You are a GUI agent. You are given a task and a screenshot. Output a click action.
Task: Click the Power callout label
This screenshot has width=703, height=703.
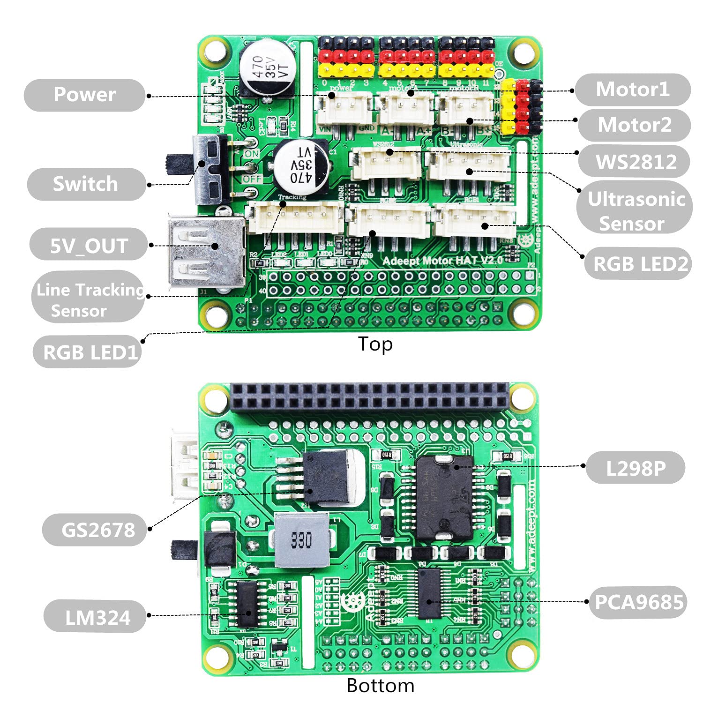[84, 95]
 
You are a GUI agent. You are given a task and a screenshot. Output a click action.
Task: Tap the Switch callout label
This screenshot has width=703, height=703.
[85, 184]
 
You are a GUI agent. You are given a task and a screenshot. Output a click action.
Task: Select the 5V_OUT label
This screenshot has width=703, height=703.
[89, 245]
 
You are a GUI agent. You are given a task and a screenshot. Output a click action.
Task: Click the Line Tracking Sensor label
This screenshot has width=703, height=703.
[89, 300]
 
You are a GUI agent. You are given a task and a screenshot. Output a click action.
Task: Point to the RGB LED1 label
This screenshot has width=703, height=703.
[90, 352]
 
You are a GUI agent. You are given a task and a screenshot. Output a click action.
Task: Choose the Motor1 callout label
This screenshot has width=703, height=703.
[632, 89]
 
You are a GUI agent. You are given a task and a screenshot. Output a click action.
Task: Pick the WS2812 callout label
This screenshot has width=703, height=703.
[636, 162]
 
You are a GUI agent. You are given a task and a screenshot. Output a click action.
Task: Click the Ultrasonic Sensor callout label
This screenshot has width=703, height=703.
[635, 211]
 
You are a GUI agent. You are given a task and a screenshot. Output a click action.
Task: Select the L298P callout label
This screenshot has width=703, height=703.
[636, 468]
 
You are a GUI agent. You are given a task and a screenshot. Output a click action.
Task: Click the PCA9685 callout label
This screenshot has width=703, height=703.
[638, 602]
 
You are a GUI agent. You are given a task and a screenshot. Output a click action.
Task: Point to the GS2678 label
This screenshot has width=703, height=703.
[97, 530]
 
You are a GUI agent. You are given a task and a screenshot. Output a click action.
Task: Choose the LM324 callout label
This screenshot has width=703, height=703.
[97, 617]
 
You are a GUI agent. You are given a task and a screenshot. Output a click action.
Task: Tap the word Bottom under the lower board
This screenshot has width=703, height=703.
[380, 686]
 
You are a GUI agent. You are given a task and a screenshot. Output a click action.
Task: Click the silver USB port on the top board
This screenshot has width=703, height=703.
[206, 251]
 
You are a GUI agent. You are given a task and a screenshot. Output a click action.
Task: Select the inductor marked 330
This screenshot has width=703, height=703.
[301, 540]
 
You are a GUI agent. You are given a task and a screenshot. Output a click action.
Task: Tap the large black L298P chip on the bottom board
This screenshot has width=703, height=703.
[444, 499]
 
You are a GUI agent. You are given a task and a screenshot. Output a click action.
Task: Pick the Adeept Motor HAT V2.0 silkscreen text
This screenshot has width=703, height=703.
[442, 261]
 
